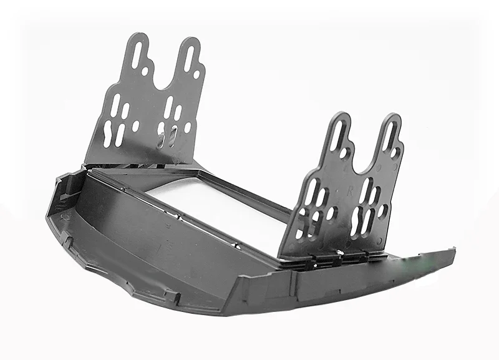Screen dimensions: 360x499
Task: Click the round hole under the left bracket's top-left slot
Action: pos(145,72)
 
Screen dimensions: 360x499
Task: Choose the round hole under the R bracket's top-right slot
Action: pos(395,152)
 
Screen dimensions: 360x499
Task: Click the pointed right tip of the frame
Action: pos(453,251)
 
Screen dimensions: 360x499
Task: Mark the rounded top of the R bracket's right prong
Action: pos(391,118)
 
